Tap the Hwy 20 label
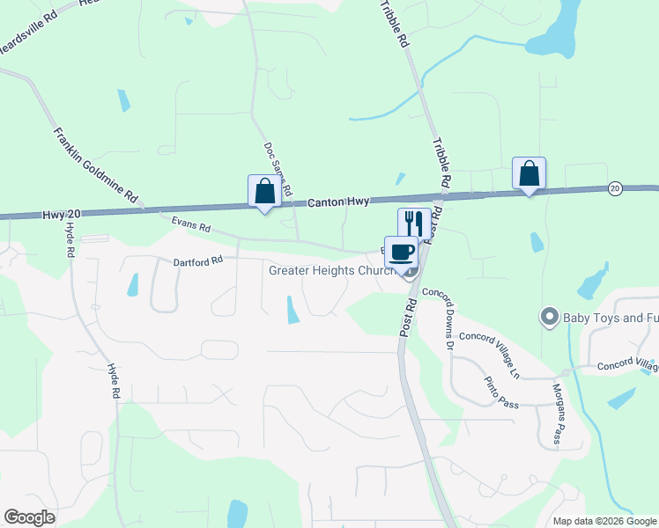click(60, 214)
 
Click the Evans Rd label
click(191, 227)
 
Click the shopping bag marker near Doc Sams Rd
click(264, 190)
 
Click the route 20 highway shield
click(615, 188)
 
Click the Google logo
click(30, 517)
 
